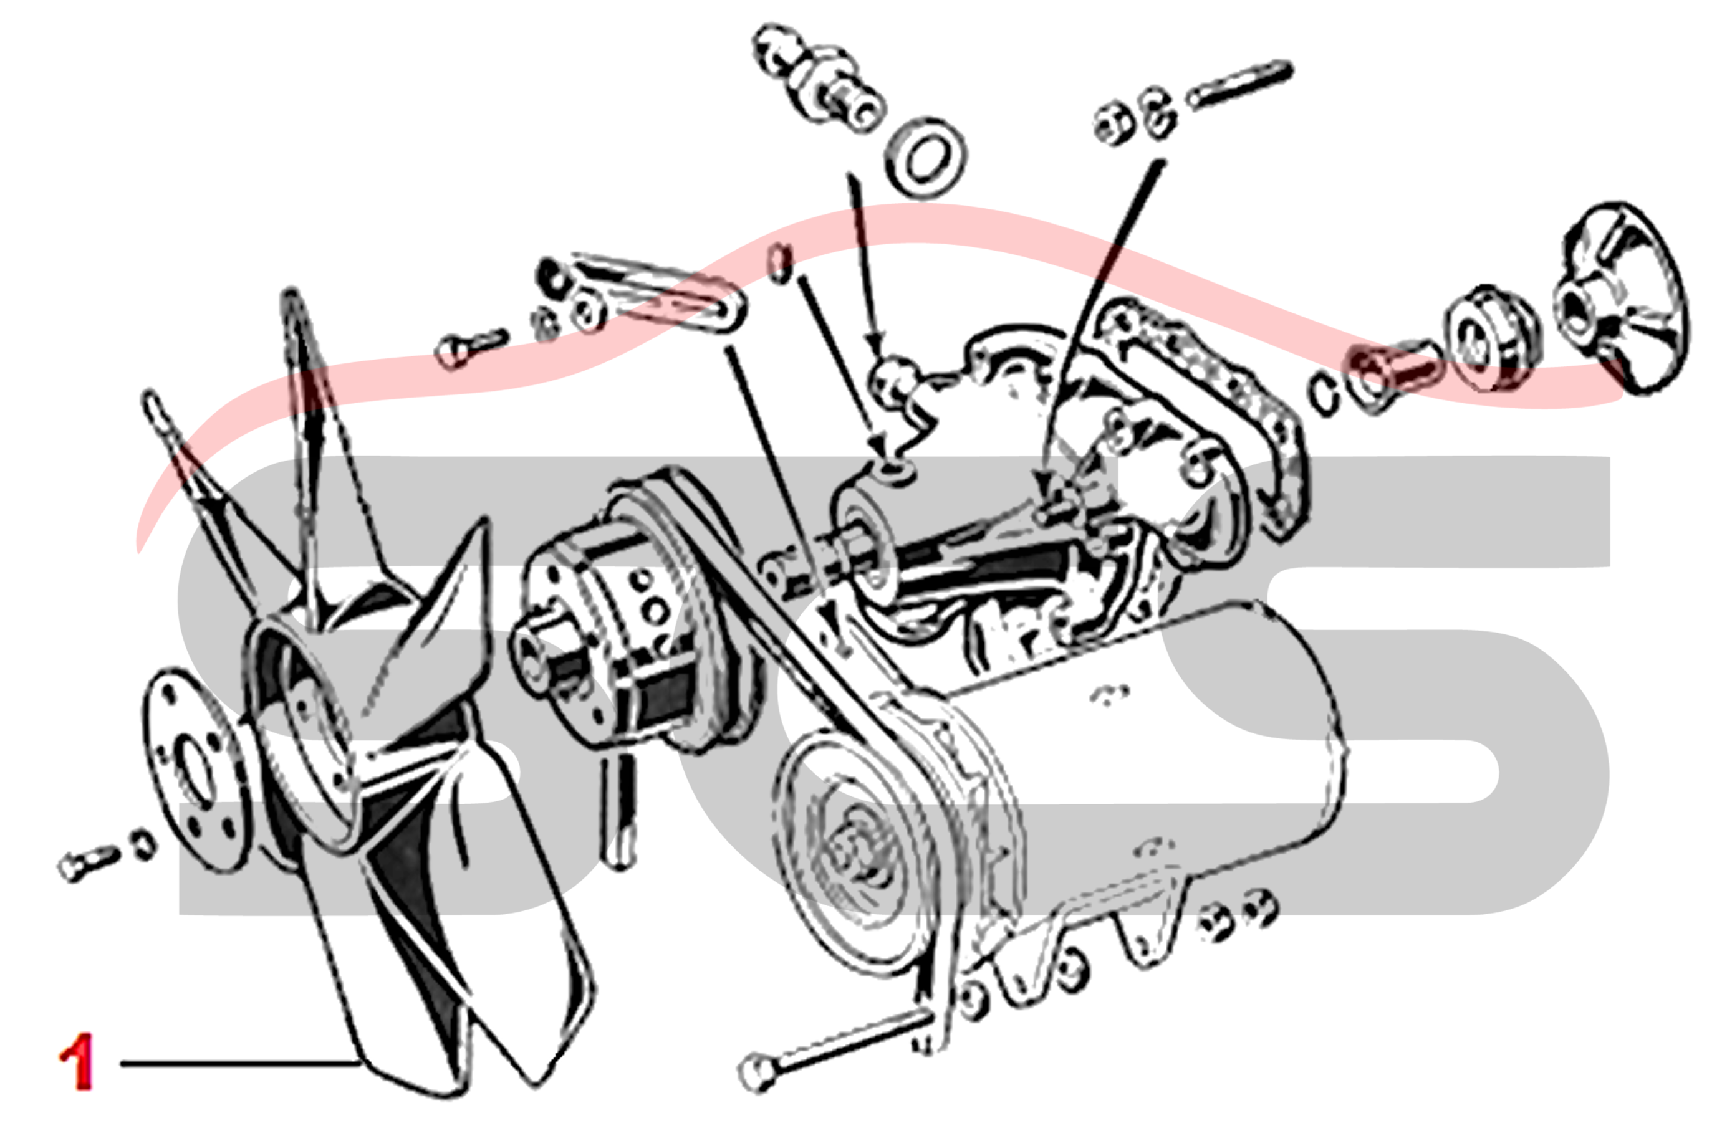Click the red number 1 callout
click(x=77, y=1062)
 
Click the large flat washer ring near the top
click(x=925, y=158)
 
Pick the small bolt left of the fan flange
click(x=87, y=863)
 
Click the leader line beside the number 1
click(x=240, y=1064)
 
